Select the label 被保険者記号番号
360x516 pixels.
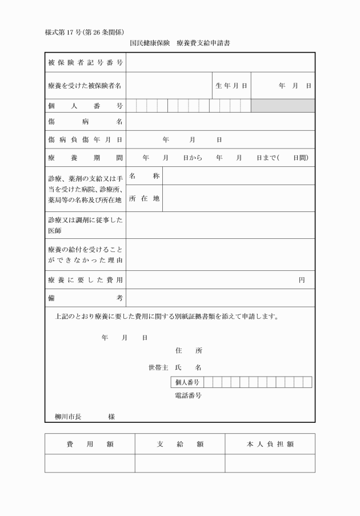click(x=85, y=62)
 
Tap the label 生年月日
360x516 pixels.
click(x=231, y=86)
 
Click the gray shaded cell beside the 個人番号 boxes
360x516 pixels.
click(x=283, y=106)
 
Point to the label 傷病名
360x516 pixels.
click(x=85, y=122)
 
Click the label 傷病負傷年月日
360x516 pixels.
click(x=85, y=139)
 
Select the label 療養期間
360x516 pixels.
click(x=85, y=157)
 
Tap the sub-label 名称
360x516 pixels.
click(x=144, y=175)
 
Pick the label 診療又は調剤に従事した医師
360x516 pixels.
click(x=85, y=225)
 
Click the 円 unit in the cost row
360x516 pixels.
click(x=302, y=280)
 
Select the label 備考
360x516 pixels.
click(x=85, y=298)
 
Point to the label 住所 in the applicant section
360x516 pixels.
click(x=188, y=350)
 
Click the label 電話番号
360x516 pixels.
click(x=188, y=395)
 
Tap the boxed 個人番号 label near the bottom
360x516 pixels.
click(x=187, y=382)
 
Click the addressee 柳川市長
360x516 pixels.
click(x=68, y=417)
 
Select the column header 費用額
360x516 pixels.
click(x=90, y=444)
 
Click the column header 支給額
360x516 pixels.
click(x=180, y=444)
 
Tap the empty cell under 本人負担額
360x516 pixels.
click(x=270, y=463)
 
